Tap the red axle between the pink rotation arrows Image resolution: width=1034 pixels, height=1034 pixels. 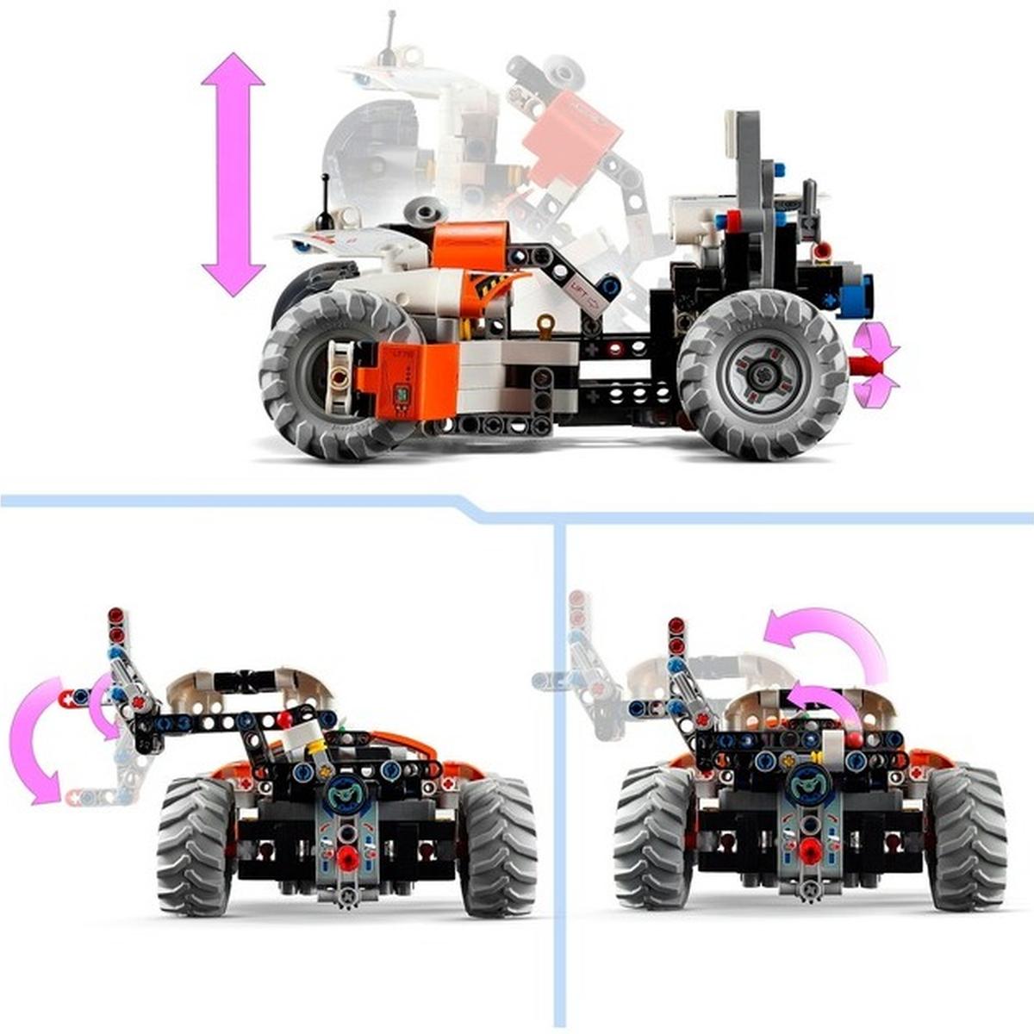click(862, 364)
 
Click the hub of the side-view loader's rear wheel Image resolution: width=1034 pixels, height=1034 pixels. click(762, 373)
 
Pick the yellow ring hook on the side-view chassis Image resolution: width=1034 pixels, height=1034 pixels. click(545, 325)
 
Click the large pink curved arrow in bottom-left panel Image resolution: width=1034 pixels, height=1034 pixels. click(34, 741)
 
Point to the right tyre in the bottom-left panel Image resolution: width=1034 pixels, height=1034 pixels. click(497, 844)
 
